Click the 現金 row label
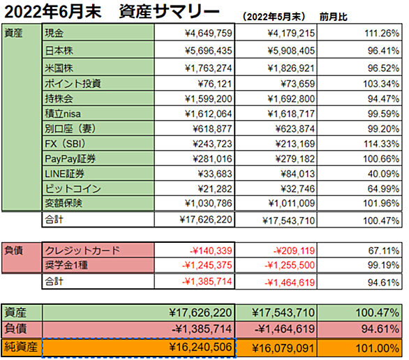coord(54,33)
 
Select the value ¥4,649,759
coord(209,33)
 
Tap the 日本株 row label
coord(59,50)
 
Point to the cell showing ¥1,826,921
coord(291,68)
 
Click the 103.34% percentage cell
coord(381,84)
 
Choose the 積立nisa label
coord(63,114)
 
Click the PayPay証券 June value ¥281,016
coord(212,159)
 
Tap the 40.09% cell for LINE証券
coord(383,174)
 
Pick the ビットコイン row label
coord(73,189)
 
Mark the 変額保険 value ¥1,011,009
coord(292,203)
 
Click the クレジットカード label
coord(82,250)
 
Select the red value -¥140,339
coord(211,250)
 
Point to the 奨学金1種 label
coord(66,265)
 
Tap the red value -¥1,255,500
coord(290,265)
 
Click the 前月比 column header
coord(334,17)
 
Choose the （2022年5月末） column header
coord(274,17)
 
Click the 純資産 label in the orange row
coord(21,347)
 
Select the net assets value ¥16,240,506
coord(200,347)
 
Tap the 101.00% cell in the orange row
coord(378,348)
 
